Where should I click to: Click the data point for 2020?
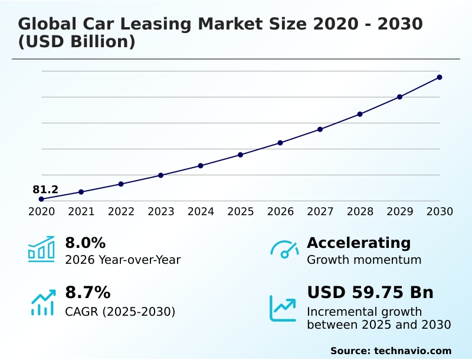click(41, 199)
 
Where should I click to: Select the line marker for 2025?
click(240, 155)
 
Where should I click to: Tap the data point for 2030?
click(440, 77)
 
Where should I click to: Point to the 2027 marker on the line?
click(320, 129)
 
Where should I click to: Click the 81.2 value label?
click(45, 189)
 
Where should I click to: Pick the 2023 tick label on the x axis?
click(160, 211)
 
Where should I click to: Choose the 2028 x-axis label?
click(360, 211)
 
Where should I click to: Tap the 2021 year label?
click(81, 211)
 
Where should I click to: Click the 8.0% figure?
click(85, 243)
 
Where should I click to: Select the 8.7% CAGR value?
click(87, 292)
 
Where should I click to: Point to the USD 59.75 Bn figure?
click(370, 292)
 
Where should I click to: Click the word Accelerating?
click(359, 243)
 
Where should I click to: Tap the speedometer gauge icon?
click(284, 249)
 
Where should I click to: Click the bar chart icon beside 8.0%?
click(41, 249)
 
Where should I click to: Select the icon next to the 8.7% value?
click(42, 302)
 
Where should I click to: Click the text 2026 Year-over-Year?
click(123, 260)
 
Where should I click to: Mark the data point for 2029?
click(399, 97)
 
